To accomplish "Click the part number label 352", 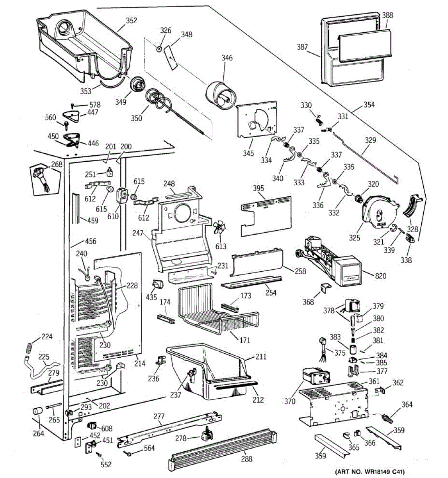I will point(131,21).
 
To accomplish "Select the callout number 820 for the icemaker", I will point(381,276).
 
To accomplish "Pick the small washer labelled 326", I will point(159,49).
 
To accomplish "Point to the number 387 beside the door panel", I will point(302,47).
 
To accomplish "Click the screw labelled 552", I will point(98,455).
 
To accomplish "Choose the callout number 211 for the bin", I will point(261,357).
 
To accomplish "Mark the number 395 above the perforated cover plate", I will point(258,188).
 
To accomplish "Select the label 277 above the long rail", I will point(159,417).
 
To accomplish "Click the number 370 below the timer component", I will point(290,402).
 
